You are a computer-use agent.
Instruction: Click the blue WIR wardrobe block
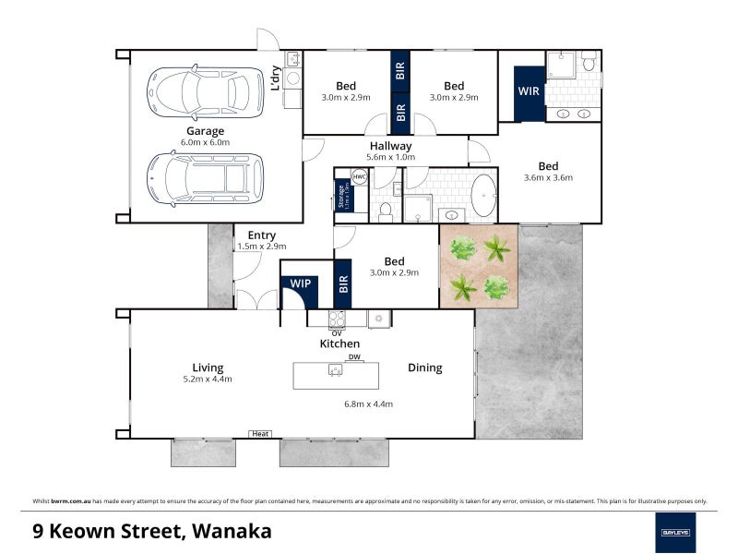[530, 92]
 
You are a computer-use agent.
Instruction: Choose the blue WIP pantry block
[300, 284]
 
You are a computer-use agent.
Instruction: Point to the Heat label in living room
[260, 434]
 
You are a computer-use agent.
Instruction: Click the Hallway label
[390, 146]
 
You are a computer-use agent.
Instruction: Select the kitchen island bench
[336, 375]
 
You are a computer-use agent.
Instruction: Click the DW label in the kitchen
[353, 357]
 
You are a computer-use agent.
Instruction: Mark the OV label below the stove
[337, 332]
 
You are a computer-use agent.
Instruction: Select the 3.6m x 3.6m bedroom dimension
[548, 178]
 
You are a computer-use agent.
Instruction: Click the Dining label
[425, 367]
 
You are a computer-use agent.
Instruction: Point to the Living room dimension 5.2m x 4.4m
[207, 379]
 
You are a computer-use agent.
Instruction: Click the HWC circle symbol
[360, 176]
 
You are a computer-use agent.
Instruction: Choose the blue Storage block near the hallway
[340, 196]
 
